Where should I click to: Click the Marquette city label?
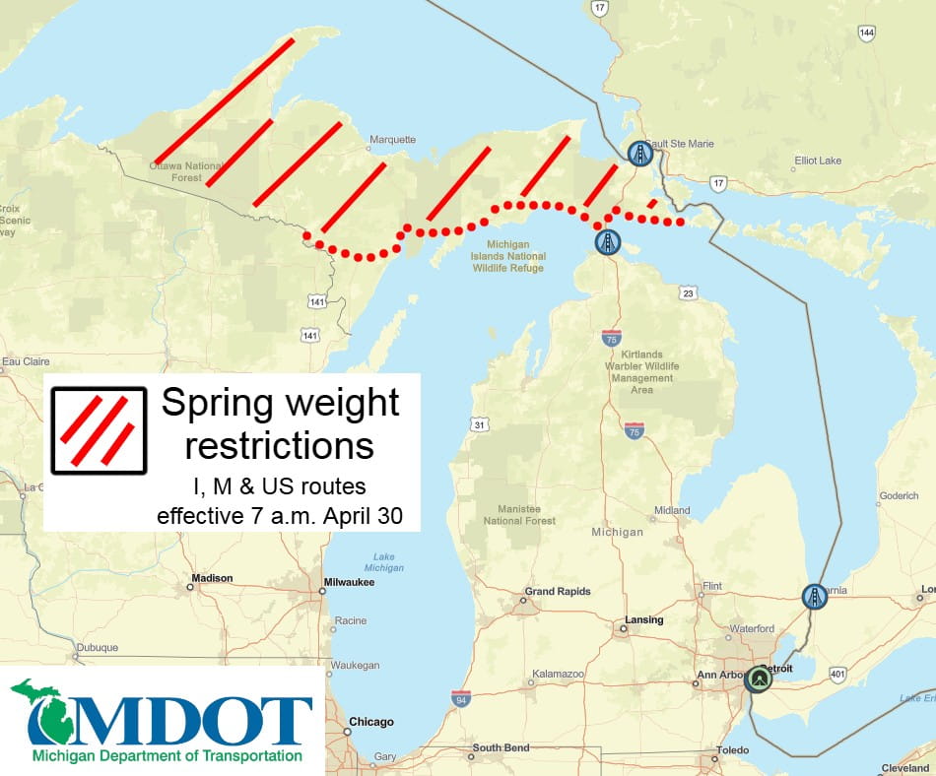point(392,140)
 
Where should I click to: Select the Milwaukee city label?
point(351,583)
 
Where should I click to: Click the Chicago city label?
point(370,722)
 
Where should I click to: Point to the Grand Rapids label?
point(558,592)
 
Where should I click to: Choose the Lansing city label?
point(643,620)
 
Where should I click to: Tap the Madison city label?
point(213,578)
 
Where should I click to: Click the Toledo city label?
point(732,750)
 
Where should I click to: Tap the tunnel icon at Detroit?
point(758,679)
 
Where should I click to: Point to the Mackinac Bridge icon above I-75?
point(608,241)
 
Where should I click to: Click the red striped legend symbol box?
point(99,429)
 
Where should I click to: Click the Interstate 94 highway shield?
point(460,699)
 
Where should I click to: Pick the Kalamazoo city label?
point(559,674)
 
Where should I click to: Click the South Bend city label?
point(502,748)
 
